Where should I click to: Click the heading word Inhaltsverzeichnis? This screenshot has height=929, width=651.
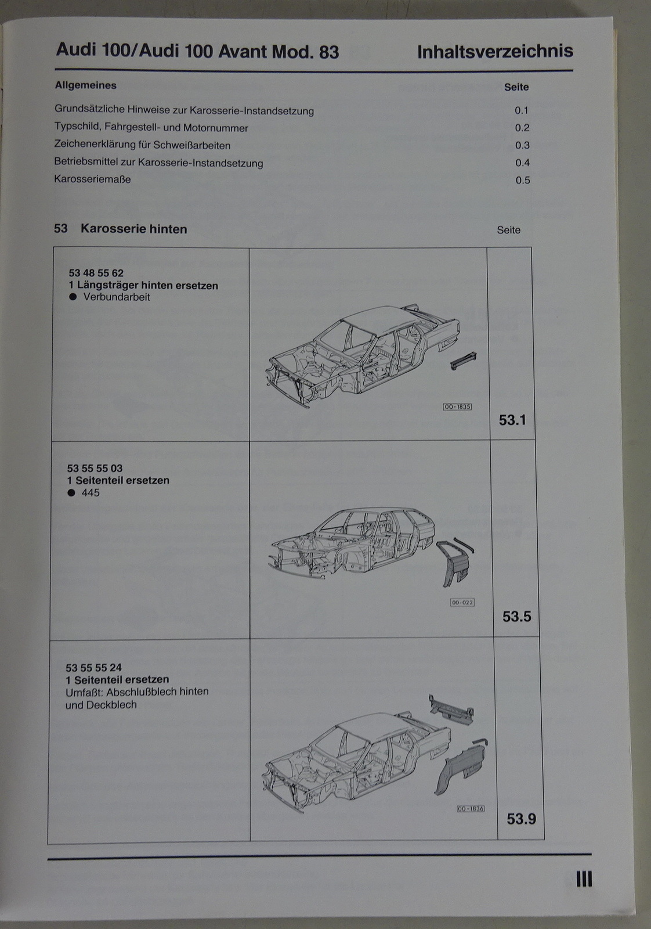495,52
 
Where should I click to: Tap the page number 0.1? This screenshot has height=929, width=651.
522,110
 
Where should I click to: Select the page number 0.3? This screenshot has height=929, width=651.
522,145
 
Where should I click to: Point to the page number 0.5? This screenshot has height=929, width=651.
523,180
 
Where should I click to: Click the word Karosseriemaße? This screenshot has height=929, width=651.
92,179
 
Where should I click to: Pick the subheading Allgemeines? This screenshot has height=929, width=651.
86,85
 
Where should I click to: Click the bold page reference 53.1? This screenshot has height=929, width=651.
512,420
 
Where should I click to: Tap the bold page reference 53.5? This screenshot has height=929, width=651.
517,617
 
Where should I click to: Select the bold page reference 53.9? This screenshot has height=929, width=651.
521,819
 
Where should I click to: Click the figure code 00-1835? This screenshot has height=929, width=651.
457,407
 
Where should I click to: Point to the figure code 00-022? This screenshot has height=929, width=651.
462,602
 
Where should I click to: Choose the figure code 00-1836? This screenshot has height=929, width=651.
471,809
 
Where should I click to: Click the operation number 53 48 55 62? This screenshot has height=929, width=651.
96,273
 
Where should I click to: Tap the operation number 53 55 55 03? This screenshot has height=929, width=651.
95,468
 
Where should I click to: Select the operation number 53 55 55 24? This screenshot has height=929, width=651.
93,668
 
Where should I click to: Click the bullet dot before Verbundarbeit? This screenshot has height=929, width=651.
73,297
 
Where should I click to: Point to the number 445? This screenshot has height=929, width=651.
91,493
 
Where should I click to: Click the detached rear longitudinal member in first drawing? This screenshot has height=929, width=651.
463,361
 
